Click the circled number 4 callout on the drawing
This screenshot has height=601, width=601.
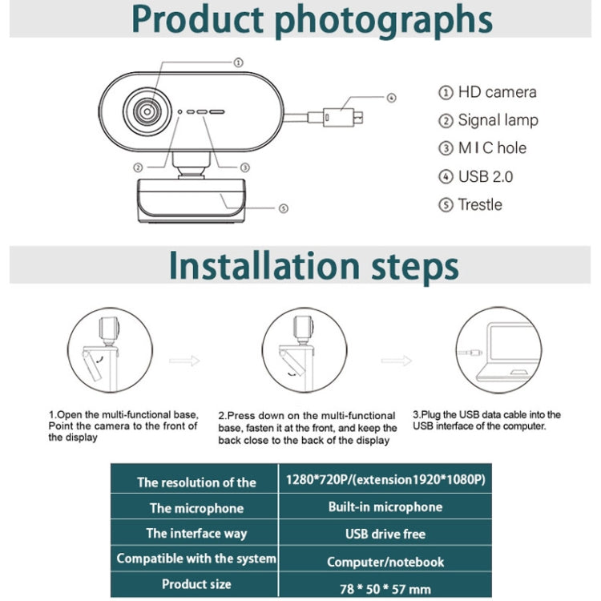pos(391,98)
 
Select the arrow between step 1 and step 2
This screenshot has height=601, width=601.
pos(184,361)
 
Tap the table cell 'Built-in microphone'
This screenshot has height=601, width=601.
pos(385,507)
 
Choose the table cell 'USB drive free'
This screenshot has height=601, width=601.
pos(385,534)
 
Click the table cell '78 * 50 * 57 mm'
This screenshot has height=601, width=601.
pos(385,588)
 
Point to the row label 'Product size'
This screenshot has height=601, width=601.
pos(196,584)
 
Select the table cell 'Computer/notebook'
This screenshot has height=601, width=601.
pos(385,562)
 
